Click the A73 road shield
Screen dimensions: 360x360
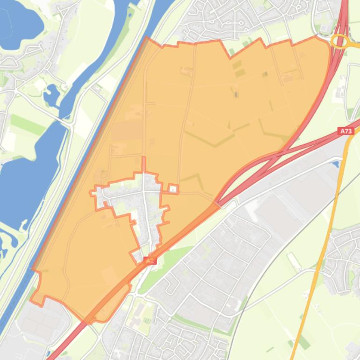pyautogui.click(x=346, y=131)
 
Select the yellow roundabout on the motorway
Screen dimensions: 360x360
pyautogui.click(x=340, y=41)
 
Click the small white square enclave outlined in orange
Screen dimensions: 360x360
pyautogui.click(x=173, y=189)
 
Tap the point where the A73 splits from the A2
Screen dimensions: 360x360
pyautogui.click(x=220, y=201)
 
